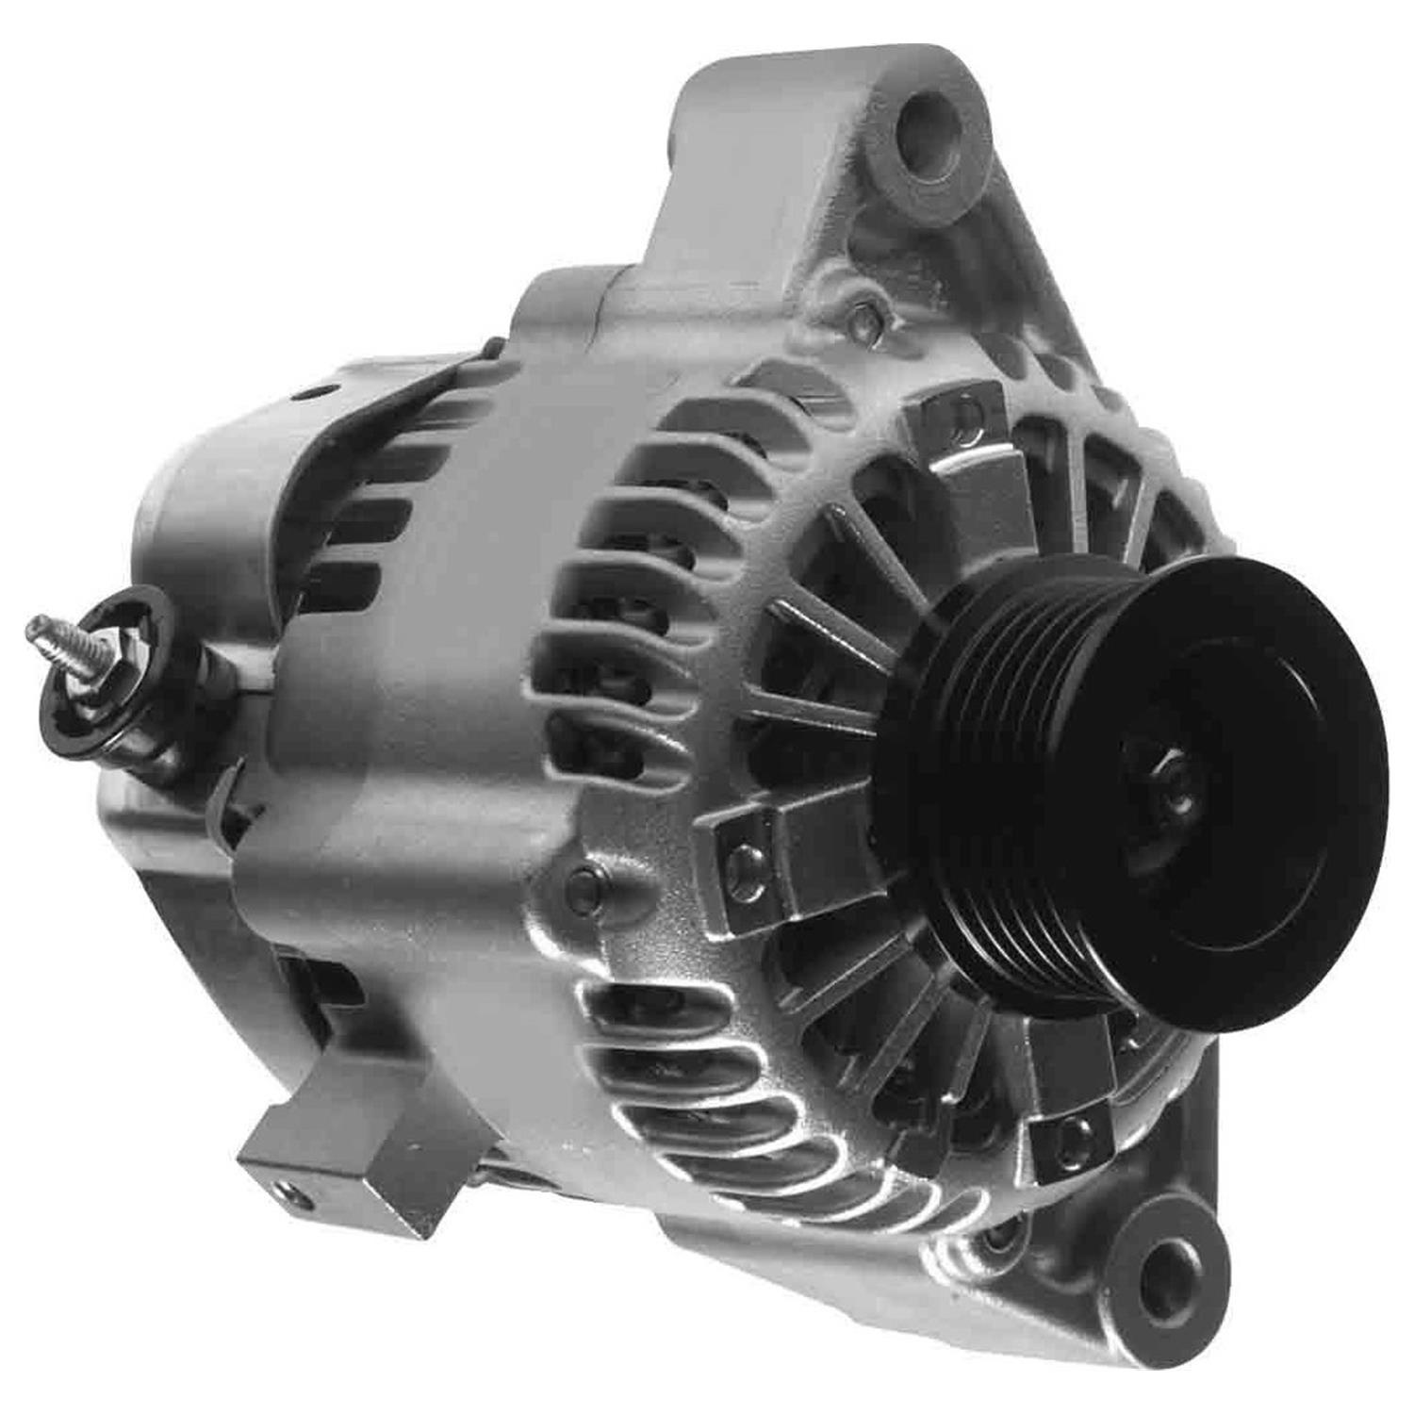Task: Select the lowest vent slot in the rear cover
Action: click(344, 579)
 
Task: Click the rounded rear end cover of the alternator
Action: click(198, 528)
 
